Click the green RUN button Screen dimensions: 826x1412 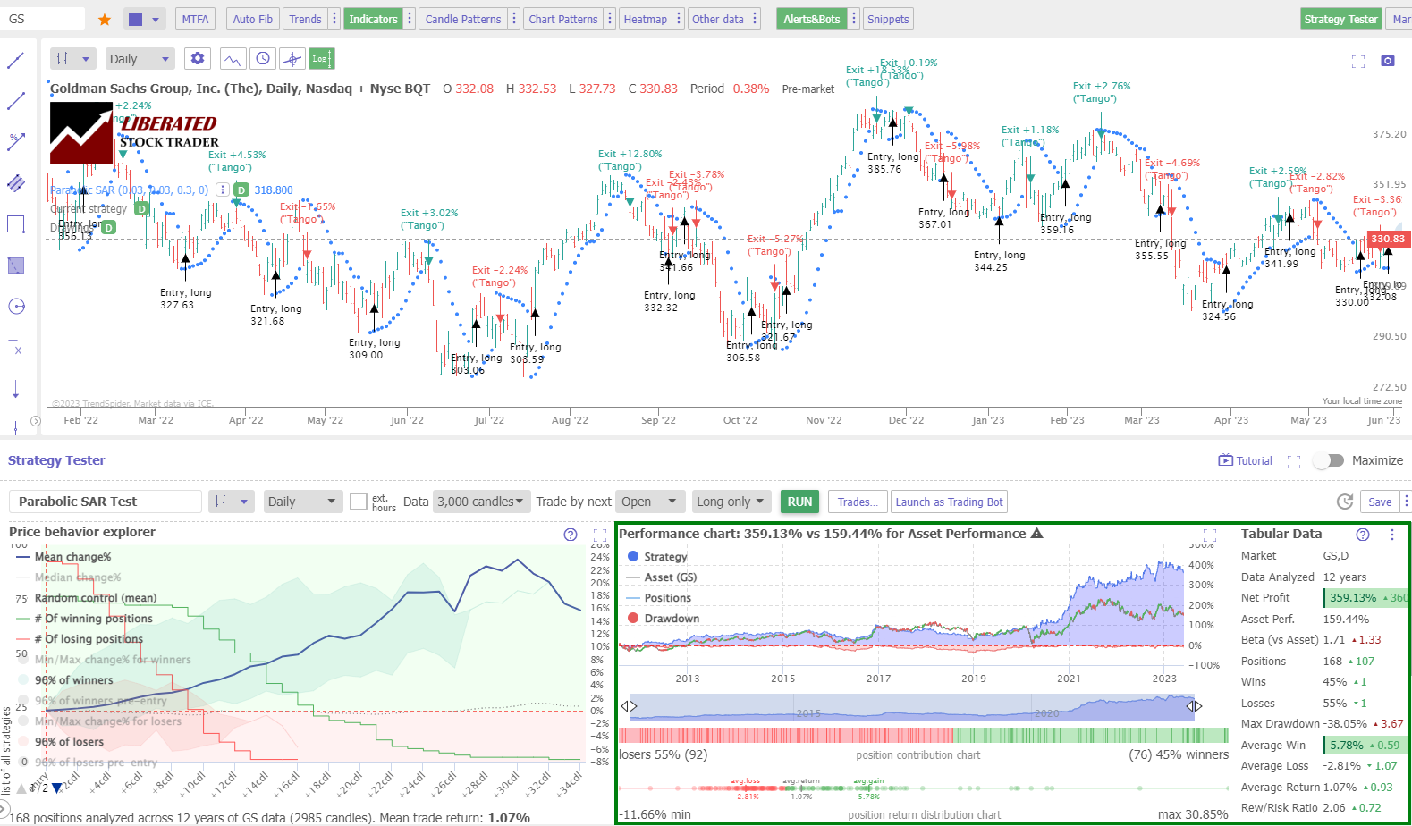tap(799, 501)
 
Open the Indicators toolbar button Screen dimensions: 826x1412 tap(373, 19)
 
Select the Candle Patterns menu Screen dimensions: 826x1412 tap(462, 19)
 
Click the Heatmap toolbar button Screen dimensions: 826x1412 tap(645, 19)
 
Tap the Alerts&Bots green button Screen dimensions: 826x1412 tap(811, 19)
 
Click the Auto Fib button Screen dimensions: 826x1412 tap(252, 19)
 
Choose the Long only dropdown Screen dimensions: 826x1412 tap(730, 501)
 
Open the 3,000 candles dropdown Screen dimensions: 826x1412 tap(480, 501)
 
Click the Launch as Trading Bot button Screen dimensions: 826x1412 tap(949, 501)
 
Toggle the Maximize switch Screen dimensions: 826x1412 tap(1329, 460)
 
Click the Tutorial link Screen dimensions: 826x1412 tap(1246, 460)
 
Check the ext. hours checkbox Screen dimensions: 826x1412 tap(359, 501)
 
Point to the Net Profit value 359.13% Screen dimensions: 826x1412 tap(1352, 598)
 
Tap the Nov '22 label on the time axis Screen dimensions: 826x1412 tap(824, 420)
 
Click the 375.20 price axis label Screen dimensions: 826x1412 tap(1389, 134)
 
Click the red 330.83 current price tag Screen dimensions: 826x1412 tap(1387, 239)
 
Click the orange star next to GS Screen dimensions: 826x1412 tap(105, 19)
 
